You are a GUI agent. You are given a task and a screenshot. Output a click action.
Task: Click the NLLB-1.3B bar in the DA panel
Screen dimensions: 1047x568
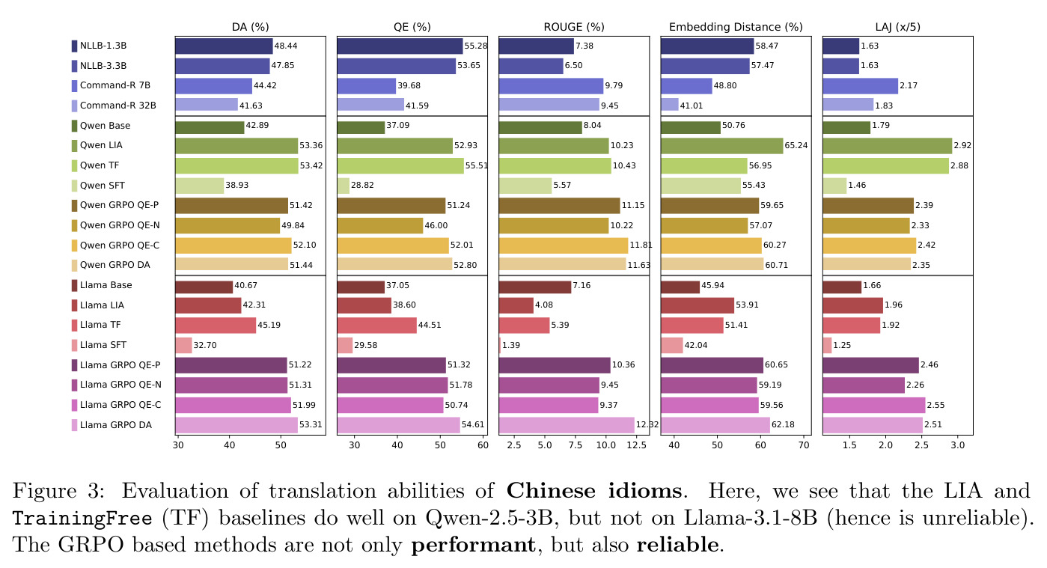pos(224,46)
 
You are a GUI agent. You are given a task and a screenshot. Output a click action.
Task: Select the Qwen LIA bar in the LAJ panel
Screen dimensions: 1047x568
pos(887,145)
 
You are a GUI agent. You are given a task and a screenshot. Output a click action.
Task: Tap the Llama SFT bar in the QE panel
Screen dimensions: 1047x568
pos(344,345)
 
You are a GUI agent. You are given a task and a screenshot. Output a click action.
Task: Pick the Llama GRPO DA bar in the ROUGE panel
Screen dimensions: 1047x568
pos(567,425)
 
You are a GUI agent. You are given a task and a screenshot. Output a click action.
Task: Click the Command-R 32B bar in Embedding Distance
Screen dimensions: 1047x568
pos(669,106)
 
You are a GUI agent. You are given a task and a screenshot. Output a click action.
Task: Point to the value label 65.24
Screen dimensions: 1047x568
pos(796,145)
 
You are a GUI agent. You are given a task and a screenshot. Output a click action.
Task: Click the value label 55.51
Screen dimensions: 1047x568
pos(476,165)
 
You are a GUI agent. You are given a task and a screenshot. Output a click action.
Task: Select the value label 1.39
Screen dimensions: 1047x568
pos(511,345)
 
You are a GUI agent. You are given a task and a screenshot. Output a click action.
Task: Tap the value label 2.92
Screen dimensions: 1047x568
pos(962,145)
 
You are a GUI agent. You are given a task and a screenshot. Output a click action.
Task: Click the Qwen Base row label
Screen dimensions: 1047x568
pos(106,125)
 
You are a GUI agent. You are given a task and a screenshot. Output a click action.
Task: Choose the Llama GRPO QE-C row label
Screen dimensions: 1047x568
pos(120,405)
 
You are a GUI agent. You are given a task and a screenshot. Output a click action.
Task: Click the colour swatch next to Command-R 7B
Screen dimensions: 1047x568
pos(74,85)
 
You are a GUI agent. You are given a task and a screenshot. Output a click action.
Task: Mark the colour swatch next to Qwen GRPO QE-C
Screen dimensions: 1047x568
pos(74,245)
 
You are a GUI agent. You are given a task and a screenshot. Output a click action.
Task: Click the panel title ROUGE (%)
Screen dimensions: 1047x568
pos(574,27)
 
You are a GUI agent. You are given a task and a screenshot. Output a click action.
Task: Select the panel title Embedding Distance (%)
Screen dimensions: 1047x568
pos(736,27)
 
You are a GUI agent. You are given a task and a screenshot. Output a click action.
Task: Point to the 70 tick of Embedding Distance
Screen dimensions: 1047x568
pos(804,445)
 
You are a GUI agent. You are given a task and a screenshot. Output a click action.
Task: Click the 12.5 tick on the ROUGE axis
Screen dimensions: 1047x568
pos(637,445)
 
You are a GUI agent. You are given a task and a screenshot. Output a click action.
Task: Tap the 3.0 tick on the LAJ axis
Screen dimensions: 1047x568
pos(958,445)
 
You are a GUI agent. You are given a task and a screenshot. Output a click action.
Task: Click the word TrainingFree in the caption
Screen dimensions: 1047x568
pos(82,518)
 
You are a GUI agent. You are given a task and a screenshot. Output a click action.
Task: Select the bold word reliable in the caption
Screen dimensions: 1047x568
pos(677,545)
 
